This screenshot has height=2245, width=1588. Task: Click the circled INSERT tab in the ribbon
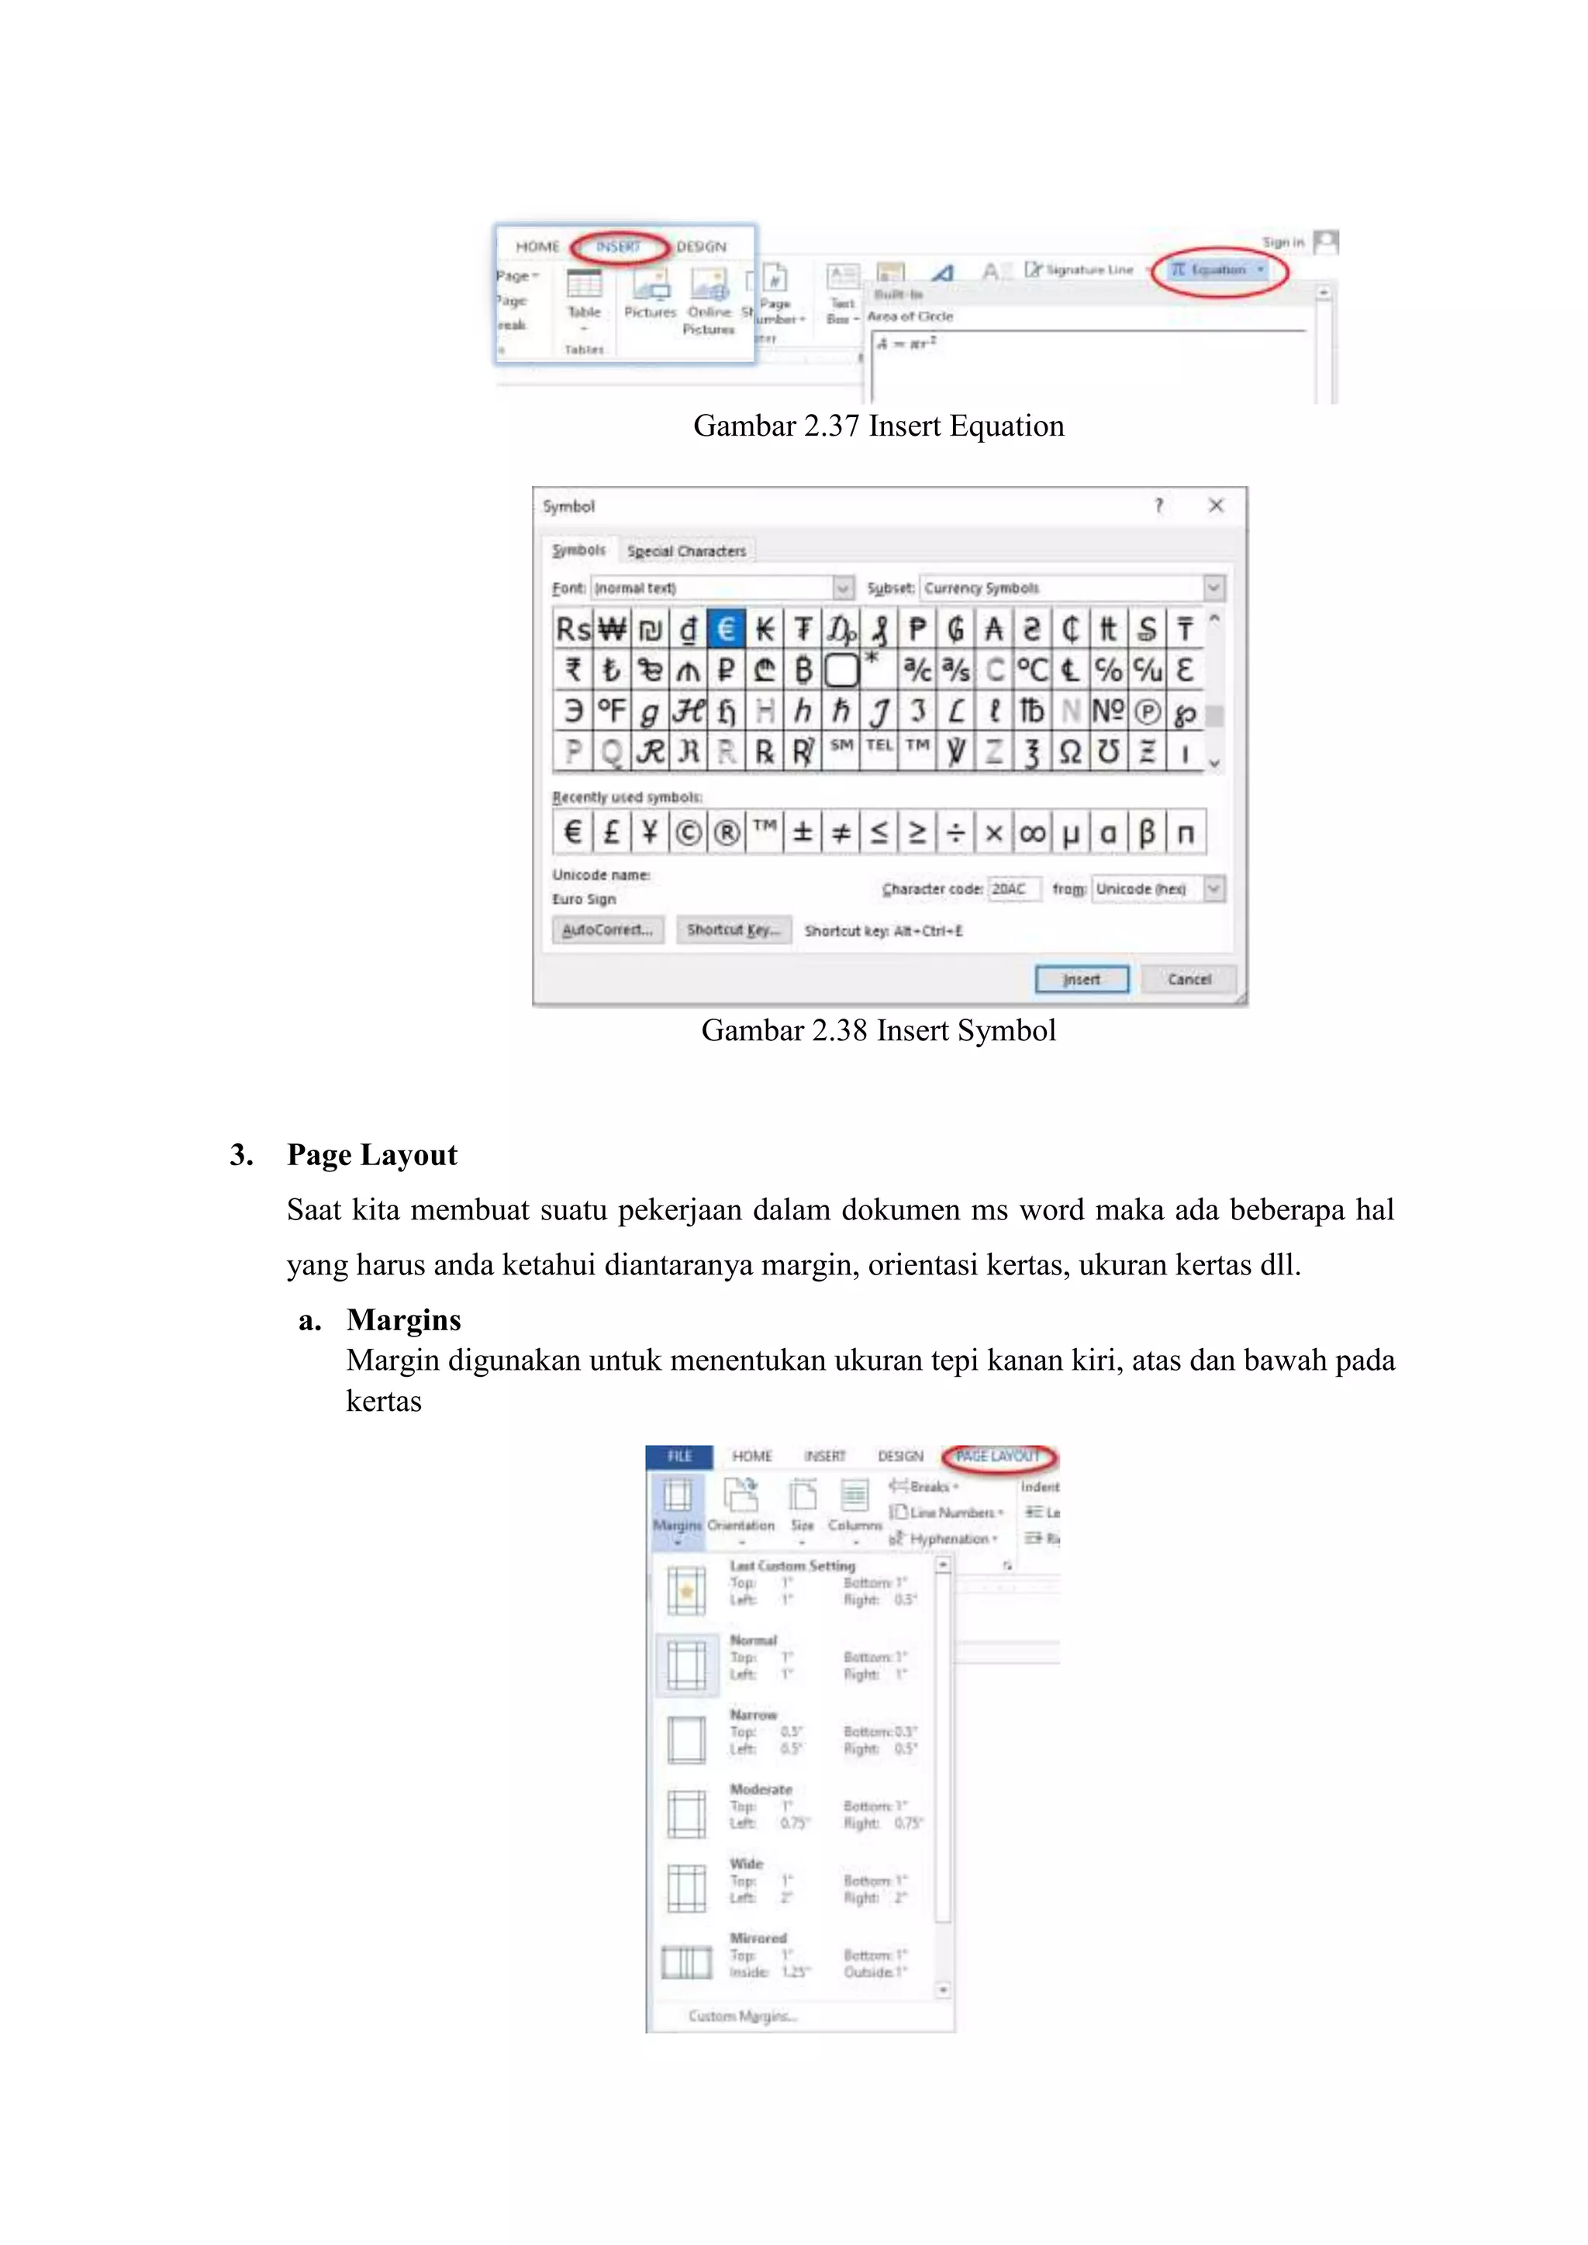tap(618, 247)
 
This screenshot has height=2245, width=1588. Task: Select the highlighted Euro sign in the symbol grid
tap(726, 629)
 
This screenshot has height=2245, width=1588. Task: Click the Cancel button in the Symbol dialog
tap(1188, 979)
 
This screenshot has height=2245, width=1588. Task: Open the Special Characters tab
tap(685, 551)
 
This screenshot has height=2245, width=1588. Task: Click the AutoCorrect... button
tap(607, 930)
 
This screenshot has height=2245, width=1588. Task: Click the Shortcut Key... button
tap(734, 930)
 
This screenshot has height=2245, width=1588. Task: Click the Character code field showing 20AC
tap(1012, 889)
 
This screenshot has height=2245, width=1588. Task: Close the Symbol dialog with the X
tap(1216, 505)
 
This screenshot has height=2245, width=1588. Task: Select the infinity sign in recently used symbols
tap(1031, 833)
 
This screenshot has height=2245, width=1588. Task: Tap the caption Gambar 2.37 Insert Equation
tap(878, 426)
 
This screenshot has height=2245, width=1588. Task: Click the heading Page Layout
tap(371, 1155)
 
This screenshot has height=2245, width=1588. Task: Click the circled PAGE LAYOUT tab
tap(999, 1456)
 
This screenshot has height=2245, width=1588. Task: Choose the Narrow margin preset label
tap(753, 1715)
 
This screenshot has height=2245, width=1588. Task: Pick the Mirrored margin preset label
tap(758, 1938)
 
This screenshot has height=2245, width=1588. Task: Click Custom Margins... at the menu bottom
tap(742, 2016)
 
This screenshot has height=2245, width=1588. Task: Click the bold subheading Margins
tap(403, 1320)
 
